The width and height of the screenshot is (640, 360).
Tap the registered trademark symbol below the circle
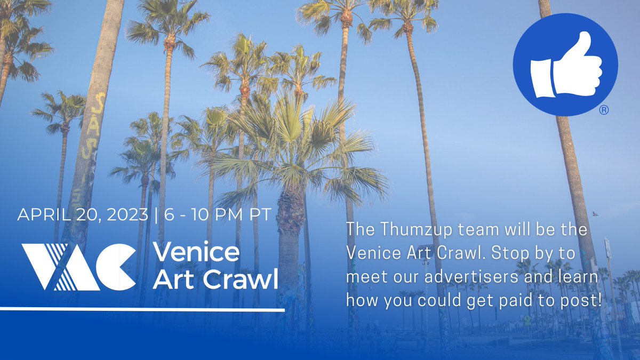coord(604,110)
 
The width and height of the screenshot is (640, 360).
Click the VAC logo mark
coord(78,266)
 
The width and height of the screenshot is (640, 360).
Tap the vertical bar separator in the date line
coord(154,215)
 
